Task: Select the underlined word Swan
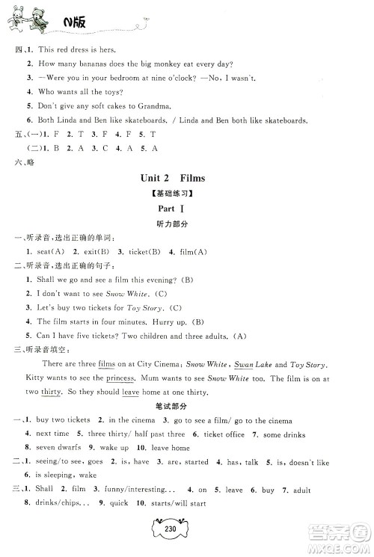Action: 244,364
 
